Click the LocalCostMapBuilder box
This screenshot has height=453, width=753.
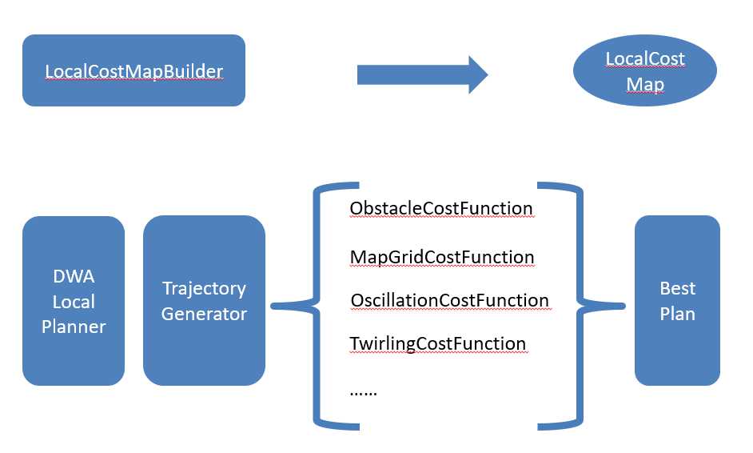click(x=133, y=70)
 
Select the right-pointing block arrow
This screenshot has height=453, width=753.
click(x=423, y=75)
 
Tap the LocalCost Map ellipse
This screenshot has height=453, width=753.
click(x=645, y=70)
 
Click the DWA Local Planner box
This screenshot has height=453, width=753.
click(x=74, y=301)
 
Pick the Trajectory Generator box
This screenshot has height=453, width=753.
click(x=204, y=301)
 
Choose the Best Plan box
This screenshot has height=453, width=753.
click(x=677, y=301)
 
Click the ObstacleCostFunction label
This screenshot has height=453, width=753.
click(x=441, y=209)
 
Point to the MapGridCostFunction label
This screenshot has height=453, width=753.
click(x=442, y=257)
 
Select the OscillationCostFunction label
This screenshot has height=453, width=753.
click(x=450, y=301)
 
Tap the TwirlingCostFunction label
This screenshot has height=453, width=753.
click(x=438, y=344)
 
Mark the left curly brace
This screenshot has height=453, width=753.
click(x=316, y=306)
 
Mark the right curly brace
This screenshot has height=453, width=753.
click(x=580, y=306)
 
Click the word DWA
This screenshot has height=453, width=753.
click(x=74, y=276)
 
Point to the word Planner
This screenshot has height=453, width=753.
click(x=74, y=327)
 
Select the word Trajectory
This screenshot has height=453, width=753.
click(x=204, y=289)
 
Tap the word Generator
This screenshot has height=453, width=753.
click(x=204, y=314)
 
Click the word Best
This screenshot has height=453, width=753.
click(x=677, y=289)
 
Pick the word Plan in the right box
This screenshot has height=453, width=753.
click(x=677, y=314)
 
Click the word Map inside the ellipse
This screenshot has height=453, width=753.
click(x=645, y=85)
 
